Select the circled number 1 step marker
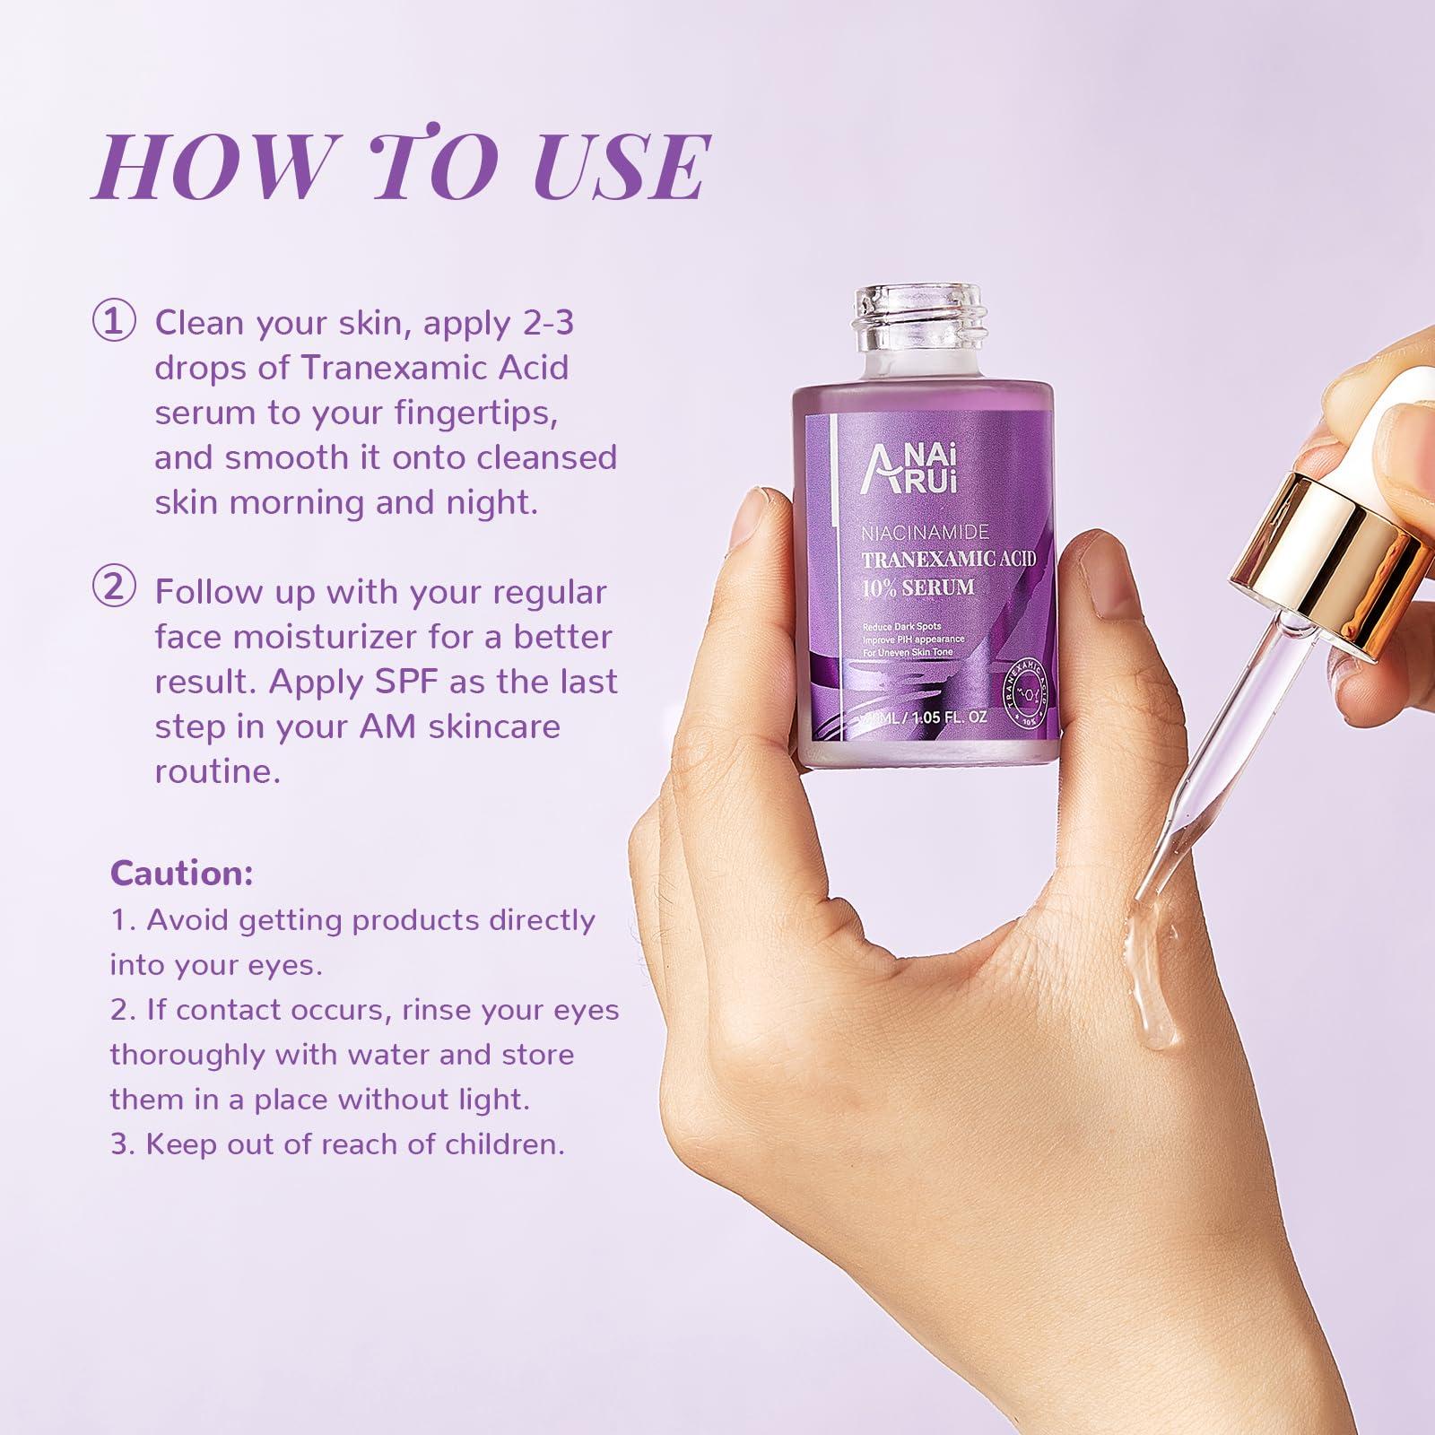pyautogui.click(x=114, y=322)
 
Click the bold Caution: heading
pyautogui.click(x=181, y=873)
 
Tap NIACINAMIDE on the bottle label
pyautogui.click(x=924, y=533)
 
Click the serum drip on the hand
pyautogui.click(x=1157, y=987)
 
